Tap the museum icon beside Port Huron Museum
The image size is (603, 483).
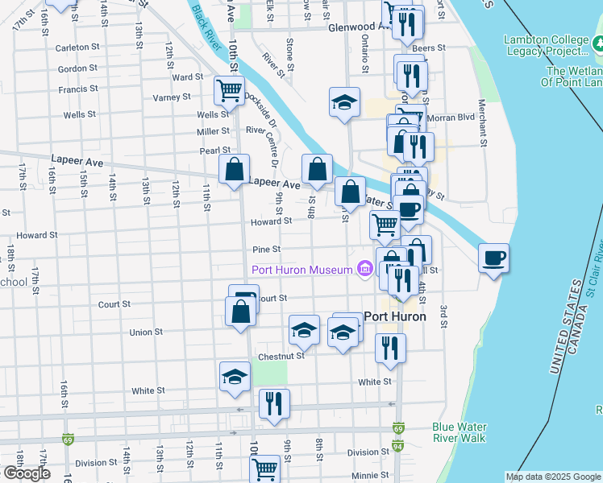coord(364,268)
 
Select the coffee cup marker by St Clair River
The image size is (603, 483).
coord(493,258)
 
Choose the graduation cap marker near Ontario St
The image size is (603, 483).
coord(344,103)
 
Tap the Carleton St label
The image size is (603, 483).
coord(77,47)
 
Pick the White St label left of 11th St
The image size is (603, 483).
coord(148,391)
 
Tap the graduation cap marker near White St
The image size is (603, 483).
coord(235,377)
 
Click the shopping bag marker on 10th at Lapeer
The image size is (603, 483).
coord(235,170)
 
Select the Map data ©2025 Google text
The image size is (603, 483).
coord(552,477)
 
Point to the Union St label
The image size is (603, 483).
coord(146,332)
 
